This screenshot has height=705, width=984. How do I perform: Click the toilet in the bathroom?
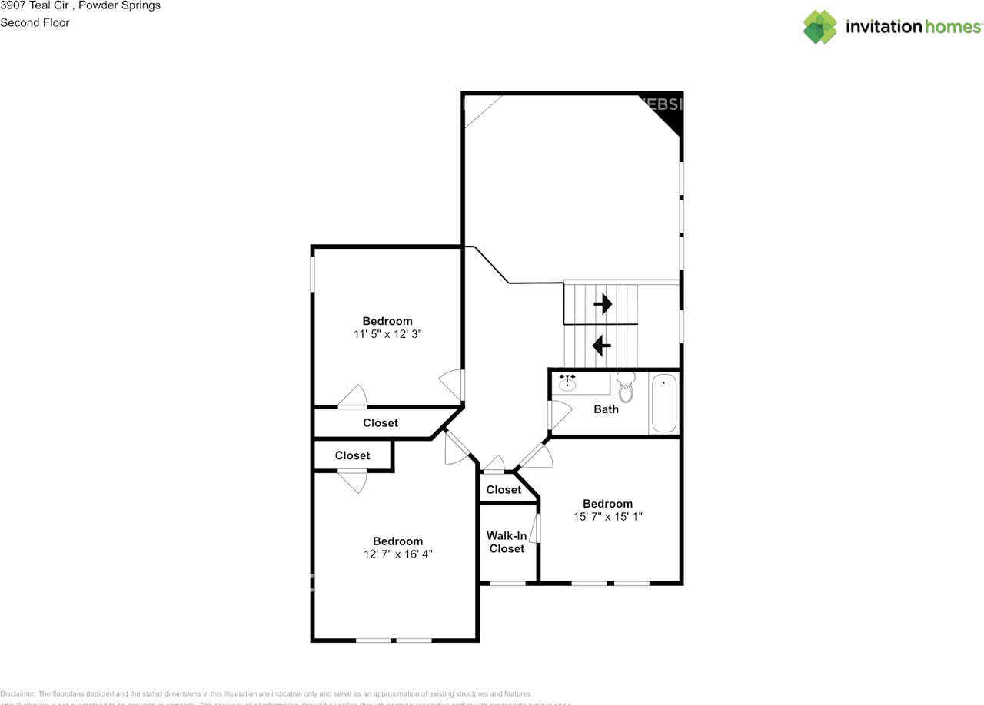[x=626, y=389]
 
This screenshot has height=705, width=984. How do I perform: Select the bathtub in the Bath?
[x=663, y=404]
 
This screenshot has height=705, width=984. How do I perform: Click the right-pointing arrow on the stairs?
[x=603, y=304]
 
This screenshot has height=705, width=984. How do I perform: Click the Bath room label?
[x=606, y=409]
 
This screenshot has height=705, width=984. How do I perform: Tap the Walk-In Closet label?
[x=507, y=542]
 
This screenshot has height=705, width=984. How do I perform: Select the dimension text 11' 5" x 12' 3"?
[x=387, y=334]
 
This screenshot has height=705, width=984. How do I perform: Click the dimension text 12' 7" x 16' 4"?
[x=398, y=554]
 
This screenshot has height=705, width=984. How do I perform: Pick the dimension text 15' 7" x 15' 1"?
[x=607, y=517]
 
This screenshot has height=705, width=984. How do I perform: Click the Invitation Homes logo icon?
[x=820, y=27]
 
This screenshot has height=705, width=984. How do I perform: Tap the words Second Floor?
[x=35, y=22]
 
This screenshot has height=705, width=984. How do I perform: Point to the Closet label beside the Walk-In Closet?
[x=504, y=490]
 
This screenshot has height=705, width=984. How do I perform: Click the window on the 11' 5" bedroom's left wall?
[x=312, y=273]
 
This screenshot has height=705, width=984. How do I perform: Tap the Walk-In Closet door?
[x=538, y=530]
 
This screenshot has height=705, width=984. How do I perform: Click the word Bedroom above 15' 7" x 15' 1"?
[x=607, y=504]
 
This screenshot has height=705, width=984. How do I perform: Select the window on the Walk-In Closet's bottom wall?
[x=508, y=584]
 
